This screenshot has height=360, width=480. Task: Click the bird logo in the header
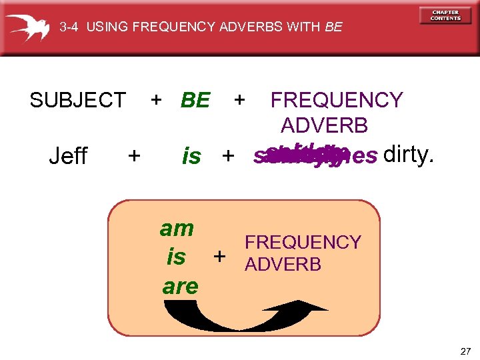27,26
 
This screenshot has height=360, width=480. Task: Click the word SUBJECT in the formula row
77,101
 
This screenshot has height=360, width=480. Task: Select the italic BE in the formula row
195,101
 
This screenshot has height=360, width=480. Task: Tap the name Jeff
69,156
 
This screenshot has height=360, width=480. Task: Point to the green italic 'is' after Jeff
191,157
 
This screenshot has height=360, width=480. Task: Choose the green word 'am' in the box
177,229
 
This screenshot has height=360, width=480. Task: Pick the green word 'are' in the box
180,286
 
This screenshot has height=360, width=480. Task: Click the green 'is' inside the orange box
177,257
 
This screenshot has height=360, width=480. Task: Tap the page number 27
465,351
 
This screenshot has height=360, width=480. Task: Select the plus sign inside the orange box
219,257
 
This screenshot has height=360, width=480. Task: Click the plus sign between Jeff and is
134,156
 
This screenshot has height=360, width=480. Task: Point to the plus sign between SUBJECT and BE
156,100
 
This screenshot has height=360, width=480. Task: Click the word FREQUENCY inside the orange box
303,243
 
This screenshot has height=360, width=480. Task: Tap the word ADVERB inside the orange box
283,265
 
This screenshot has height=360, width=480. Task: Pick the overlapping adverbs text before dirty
315,155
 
